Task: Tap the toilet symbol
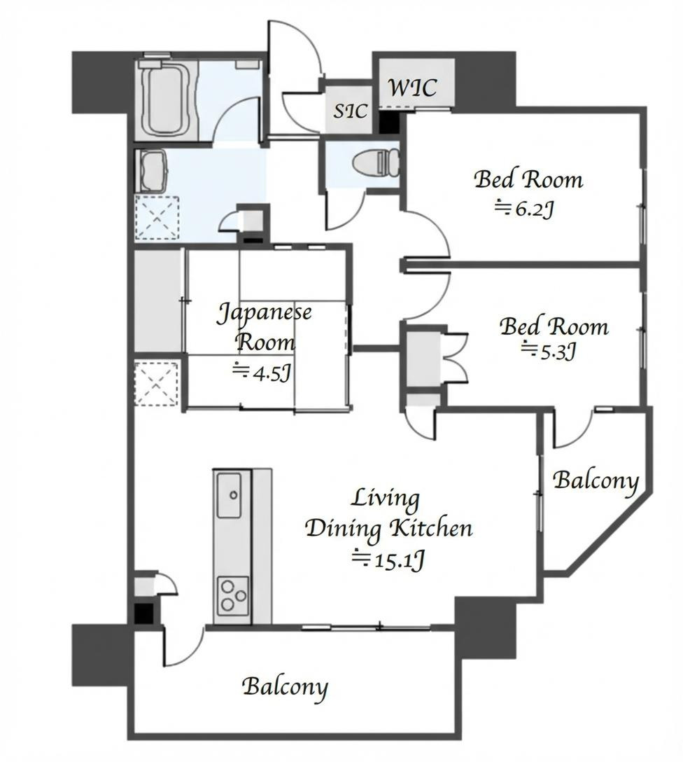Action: (x=376, y=162)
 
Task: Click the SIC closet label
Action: (x=350, y=111)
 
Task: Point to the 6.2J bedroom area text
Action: (x=524, y=209)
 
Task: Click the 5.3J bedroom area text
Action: (x=549, y=350)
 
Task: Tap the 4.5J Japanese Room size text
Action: (x=262, y=373)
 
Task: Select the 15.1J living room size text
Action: (x=388, y=560)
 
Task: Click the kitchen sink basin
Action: (x=229, y=495)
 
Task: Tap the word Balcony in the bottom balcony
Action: (x=285, y=687)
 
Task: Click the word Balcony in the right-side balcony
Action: (x=596, y=480)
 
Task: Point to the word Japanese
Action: (x=265, y=312)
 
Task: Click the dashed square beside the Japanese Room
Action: (x=156, y=383)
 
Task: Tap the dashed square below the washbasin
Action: (x=157, y=218)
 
